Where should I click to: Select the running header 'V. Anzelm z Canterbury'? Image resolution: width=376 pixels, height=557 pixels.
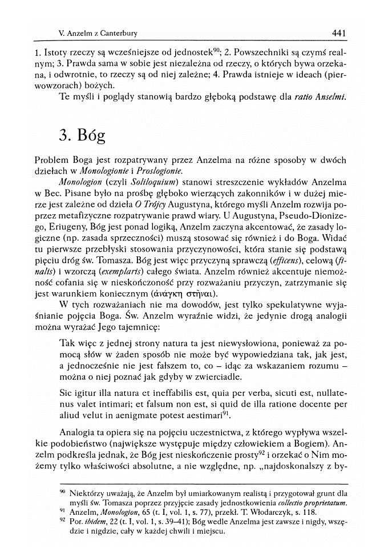click(x=98, y=34)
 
